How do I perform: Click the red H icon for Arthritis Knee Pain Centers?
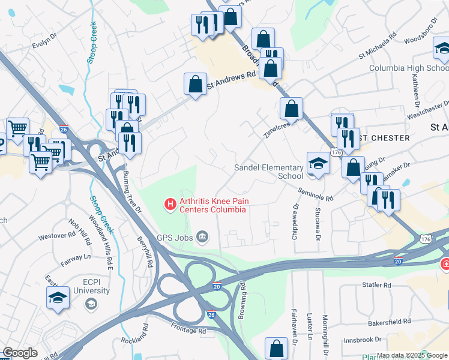pyautogui.click(x=170, y=205)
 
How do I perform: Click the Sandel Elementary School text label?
pyautogui.click(x=268, y=172)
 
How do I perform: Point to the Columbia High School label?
pyautogui.click(x=408, y=68)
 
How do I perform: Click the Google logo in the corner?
pyautogui.click(x=20, y=353)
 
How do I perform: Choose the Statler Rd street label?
pyautogui.click(x=376, y=285)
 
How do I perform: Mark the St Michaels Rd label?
pyautogui.click(x=378, y=45)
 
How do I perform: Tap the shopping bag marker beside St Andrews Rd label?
pyautogui.click(x=196, y=85)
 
